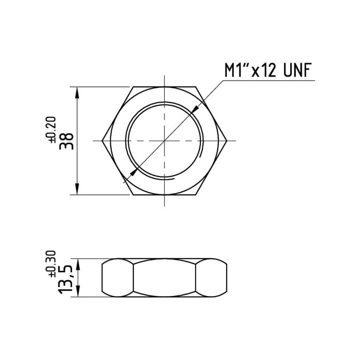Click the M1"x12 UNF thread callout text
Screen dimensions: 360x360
pos(268,70)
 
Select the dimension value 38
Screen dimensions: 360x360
pos(67,141)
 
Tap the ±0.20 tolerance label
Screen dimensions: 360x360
pos(52,130)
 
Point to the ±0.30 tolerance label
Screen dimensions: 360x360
pos(52,264)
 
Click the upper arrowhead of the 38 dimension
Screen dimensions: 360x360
pos(77,93)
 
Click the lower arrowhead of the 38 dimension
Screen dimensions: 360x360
pos(77,189)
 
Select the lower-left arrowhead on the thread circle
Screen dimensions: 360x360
pos(134,172)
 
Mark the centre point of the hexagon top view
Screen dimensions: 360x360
pos(164,140)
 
